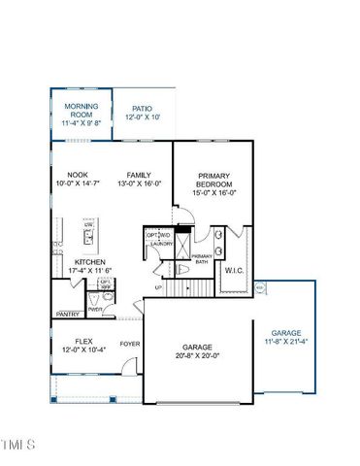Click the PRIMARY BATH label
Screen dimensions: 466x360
click(201, 258)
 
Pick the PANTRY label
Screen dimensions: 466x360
click(68, 315)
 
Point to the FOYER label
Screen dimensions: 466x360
click(130, 344)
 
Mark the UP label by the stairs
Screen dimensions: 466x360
click(158, 287)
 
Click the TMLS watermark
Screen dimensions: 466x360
click(17, 446)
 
